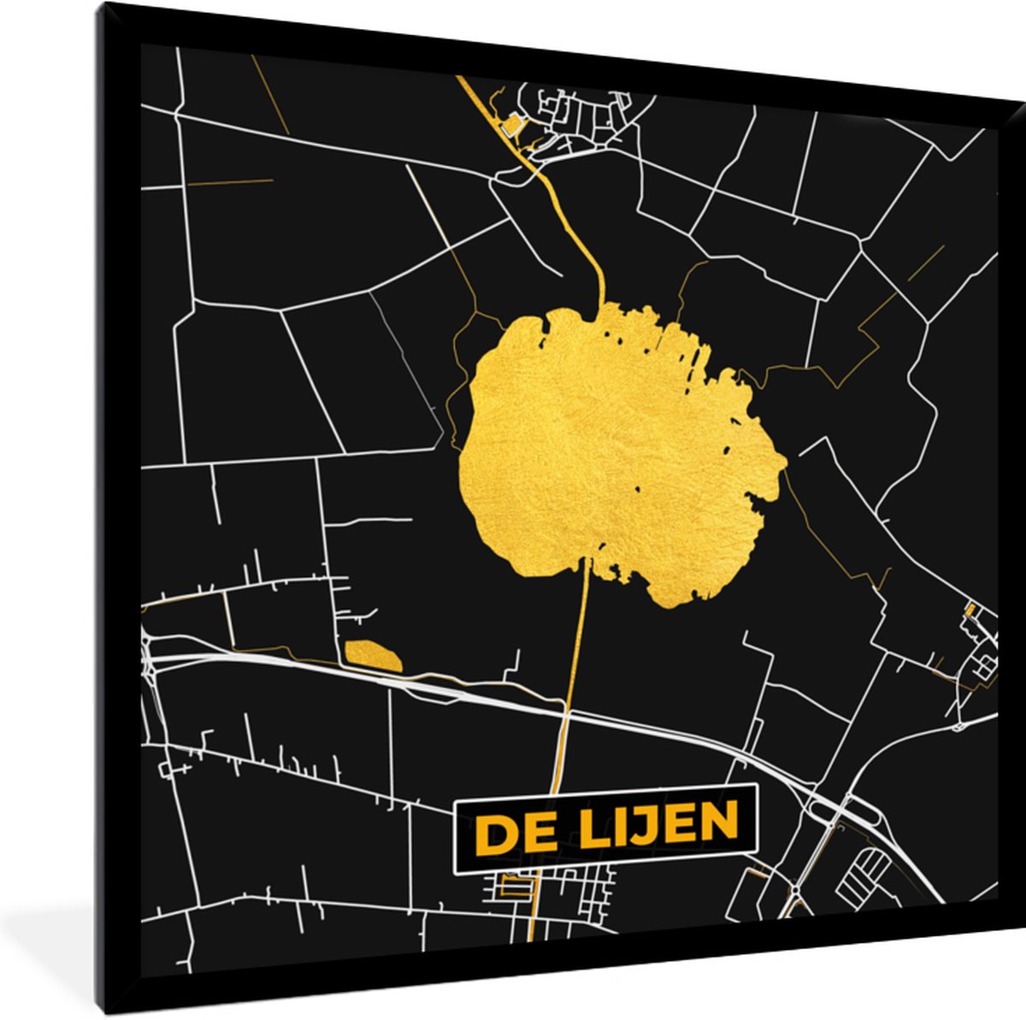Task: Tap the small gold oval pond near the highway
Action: [x=373, y=655]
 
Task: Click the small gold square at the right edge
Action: [x=970, y=610]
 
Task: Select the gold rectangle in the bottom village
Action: [x=513, y=886]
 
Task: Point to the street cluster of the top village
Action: [x=581, y=120]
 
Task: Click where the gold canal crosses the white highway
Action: [x=563, y=710]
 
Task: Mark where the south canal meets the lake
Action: [x=588, y=560]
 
